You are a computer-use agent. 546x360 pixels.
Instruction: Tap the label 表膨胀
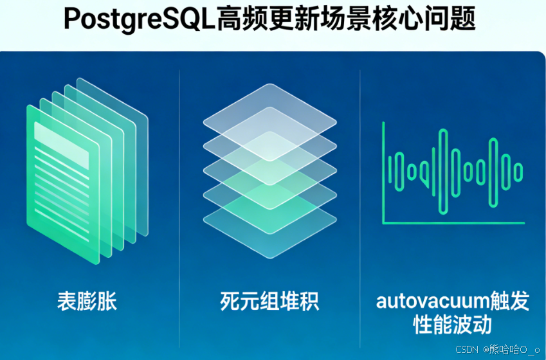tap(87, 300)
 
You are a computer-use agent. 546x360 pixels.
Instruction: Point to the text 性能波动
tap(452, 324)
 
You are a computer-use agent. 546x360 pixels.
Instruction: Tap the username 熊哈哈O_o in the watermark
tap(514, 349)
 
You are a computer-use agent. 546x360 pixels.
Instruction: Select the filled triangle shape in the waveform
tap(424, 173)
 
